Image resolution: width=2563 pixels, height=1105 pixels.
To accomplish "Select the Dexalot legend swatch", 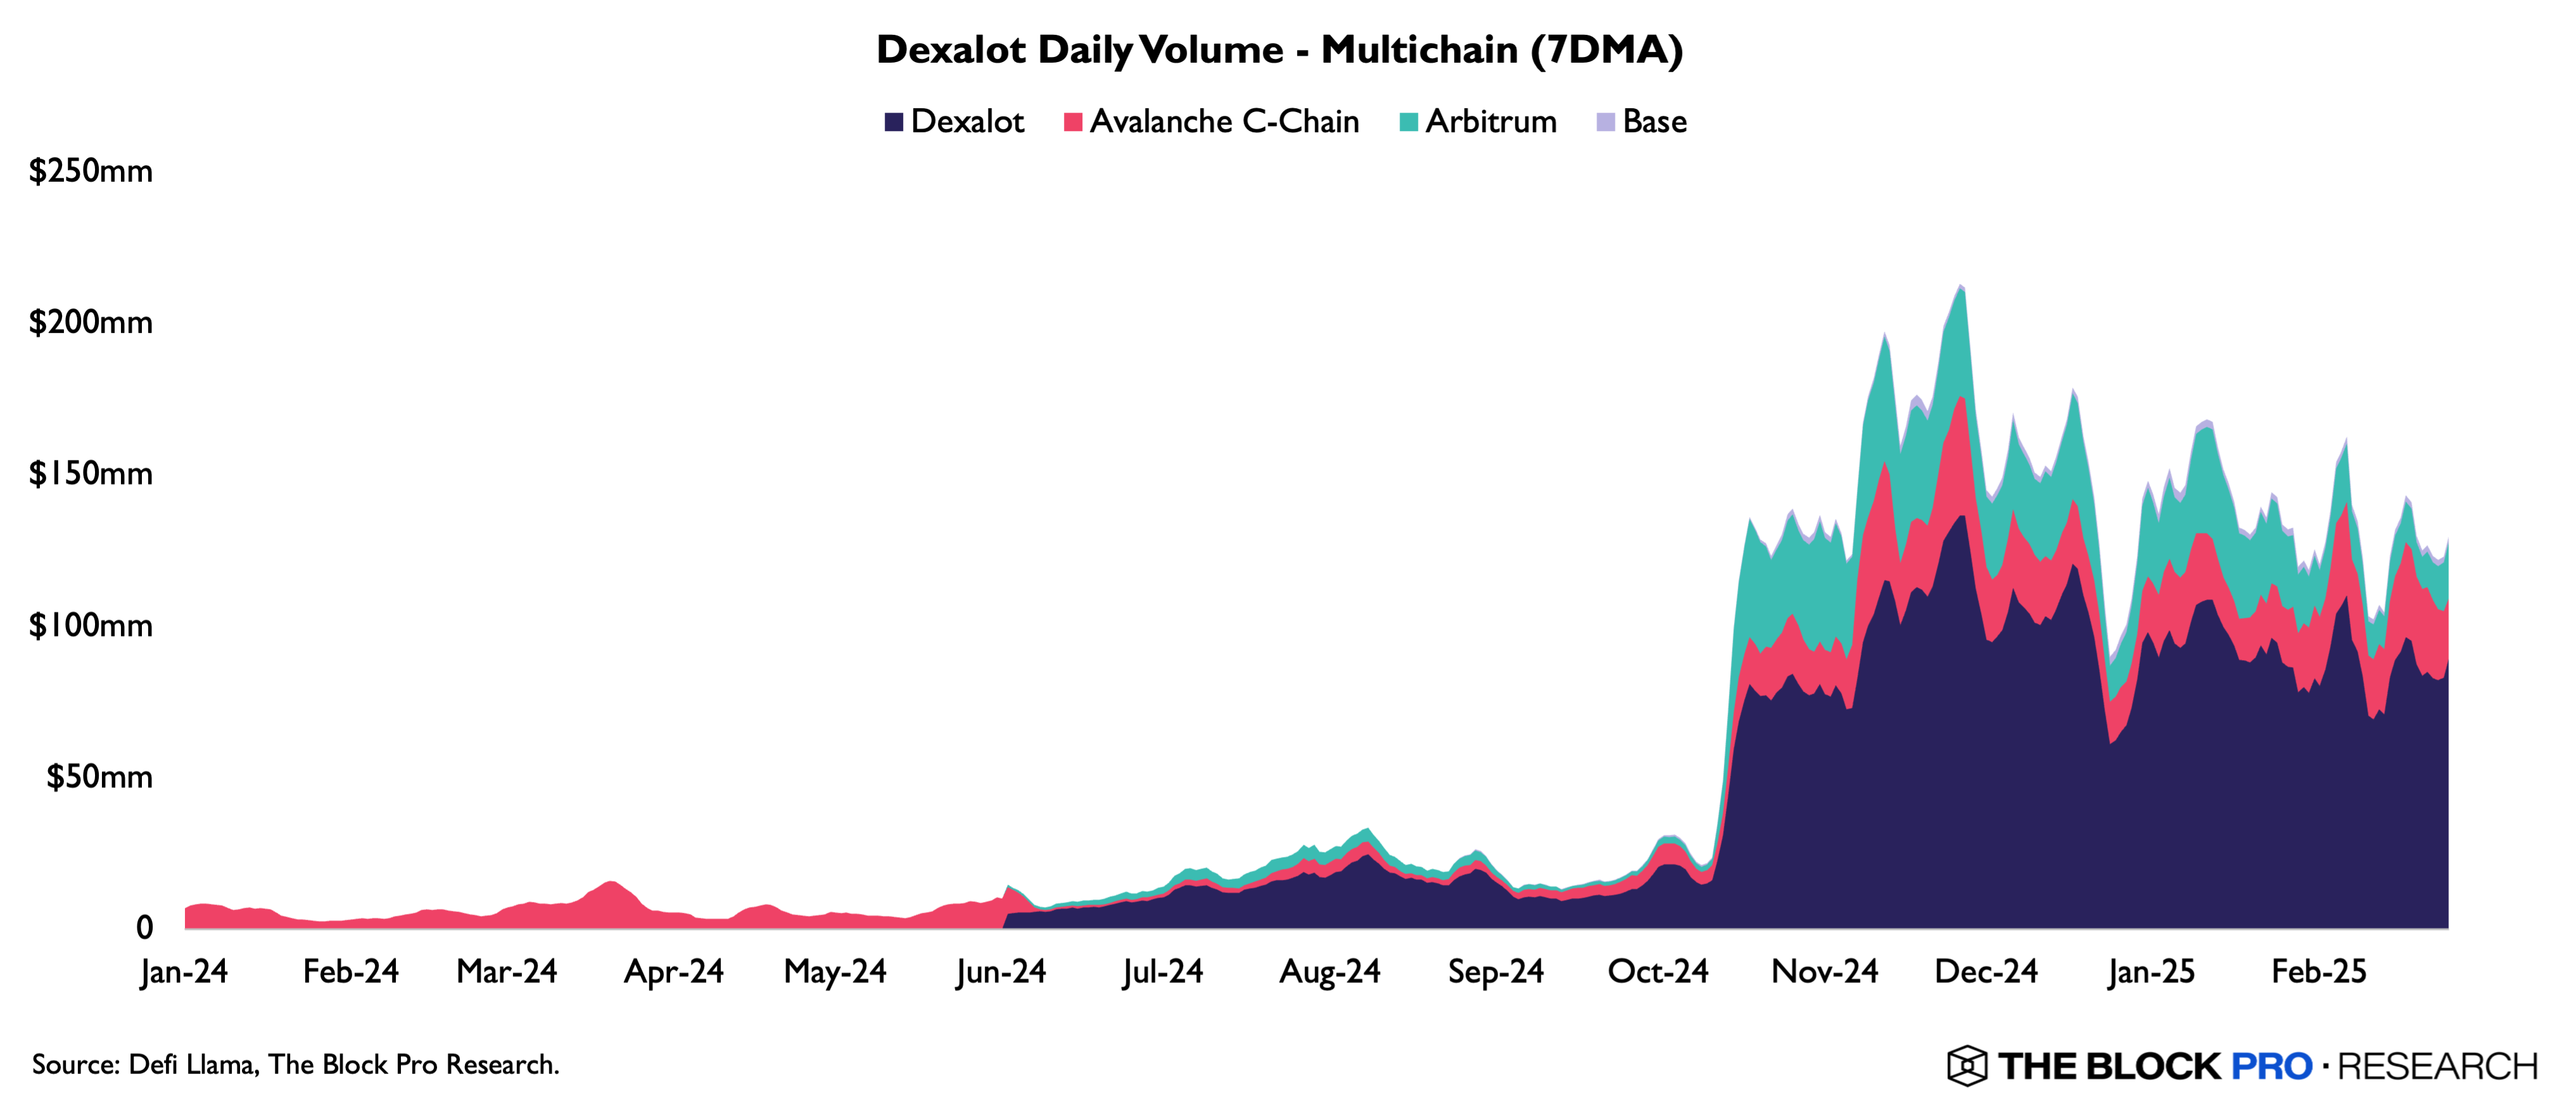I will click(x=894, y=122).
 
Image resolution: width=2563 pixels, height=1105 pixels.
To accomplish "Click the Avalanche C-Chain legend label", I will click(x=1224, y=122).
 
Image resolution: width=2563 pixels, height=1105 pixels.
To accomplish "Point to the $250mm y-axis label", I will click(x=91, y=171).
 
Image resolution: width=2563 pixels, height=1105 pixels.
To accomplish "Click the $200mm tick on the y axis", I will click(x=91, y=322).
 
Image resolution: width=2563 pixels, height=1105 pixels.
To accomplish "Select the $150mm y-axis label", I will click(x=91, y=473).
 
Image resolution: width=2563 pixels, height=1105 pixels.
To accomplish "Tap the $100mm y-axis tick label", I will click(x=91, y=626).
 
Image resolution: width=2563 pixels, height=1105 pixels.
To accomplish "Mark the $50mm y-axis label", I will click(x=99, y=777).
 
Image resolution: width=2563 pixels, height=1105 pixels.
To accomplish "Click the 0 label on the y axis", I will click(x=144, y=928).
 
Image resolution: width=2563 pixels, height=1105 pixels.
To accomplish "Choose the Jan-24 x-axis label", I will click(x=184, y=971).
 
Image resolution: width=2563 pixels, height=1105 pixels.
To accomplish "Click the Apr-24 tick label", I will click(x=674, y=971).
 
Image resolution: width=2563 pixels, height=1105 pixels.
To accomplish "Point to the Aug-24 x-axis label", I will click(x=1329, y=971).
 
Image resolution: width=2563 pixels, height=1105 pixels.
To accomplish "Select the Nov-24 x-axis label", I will click(x=1824, y=971).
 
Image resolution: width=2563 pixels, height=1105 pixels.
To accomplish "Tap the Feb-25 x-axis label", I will click(x=2319, y=971).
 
